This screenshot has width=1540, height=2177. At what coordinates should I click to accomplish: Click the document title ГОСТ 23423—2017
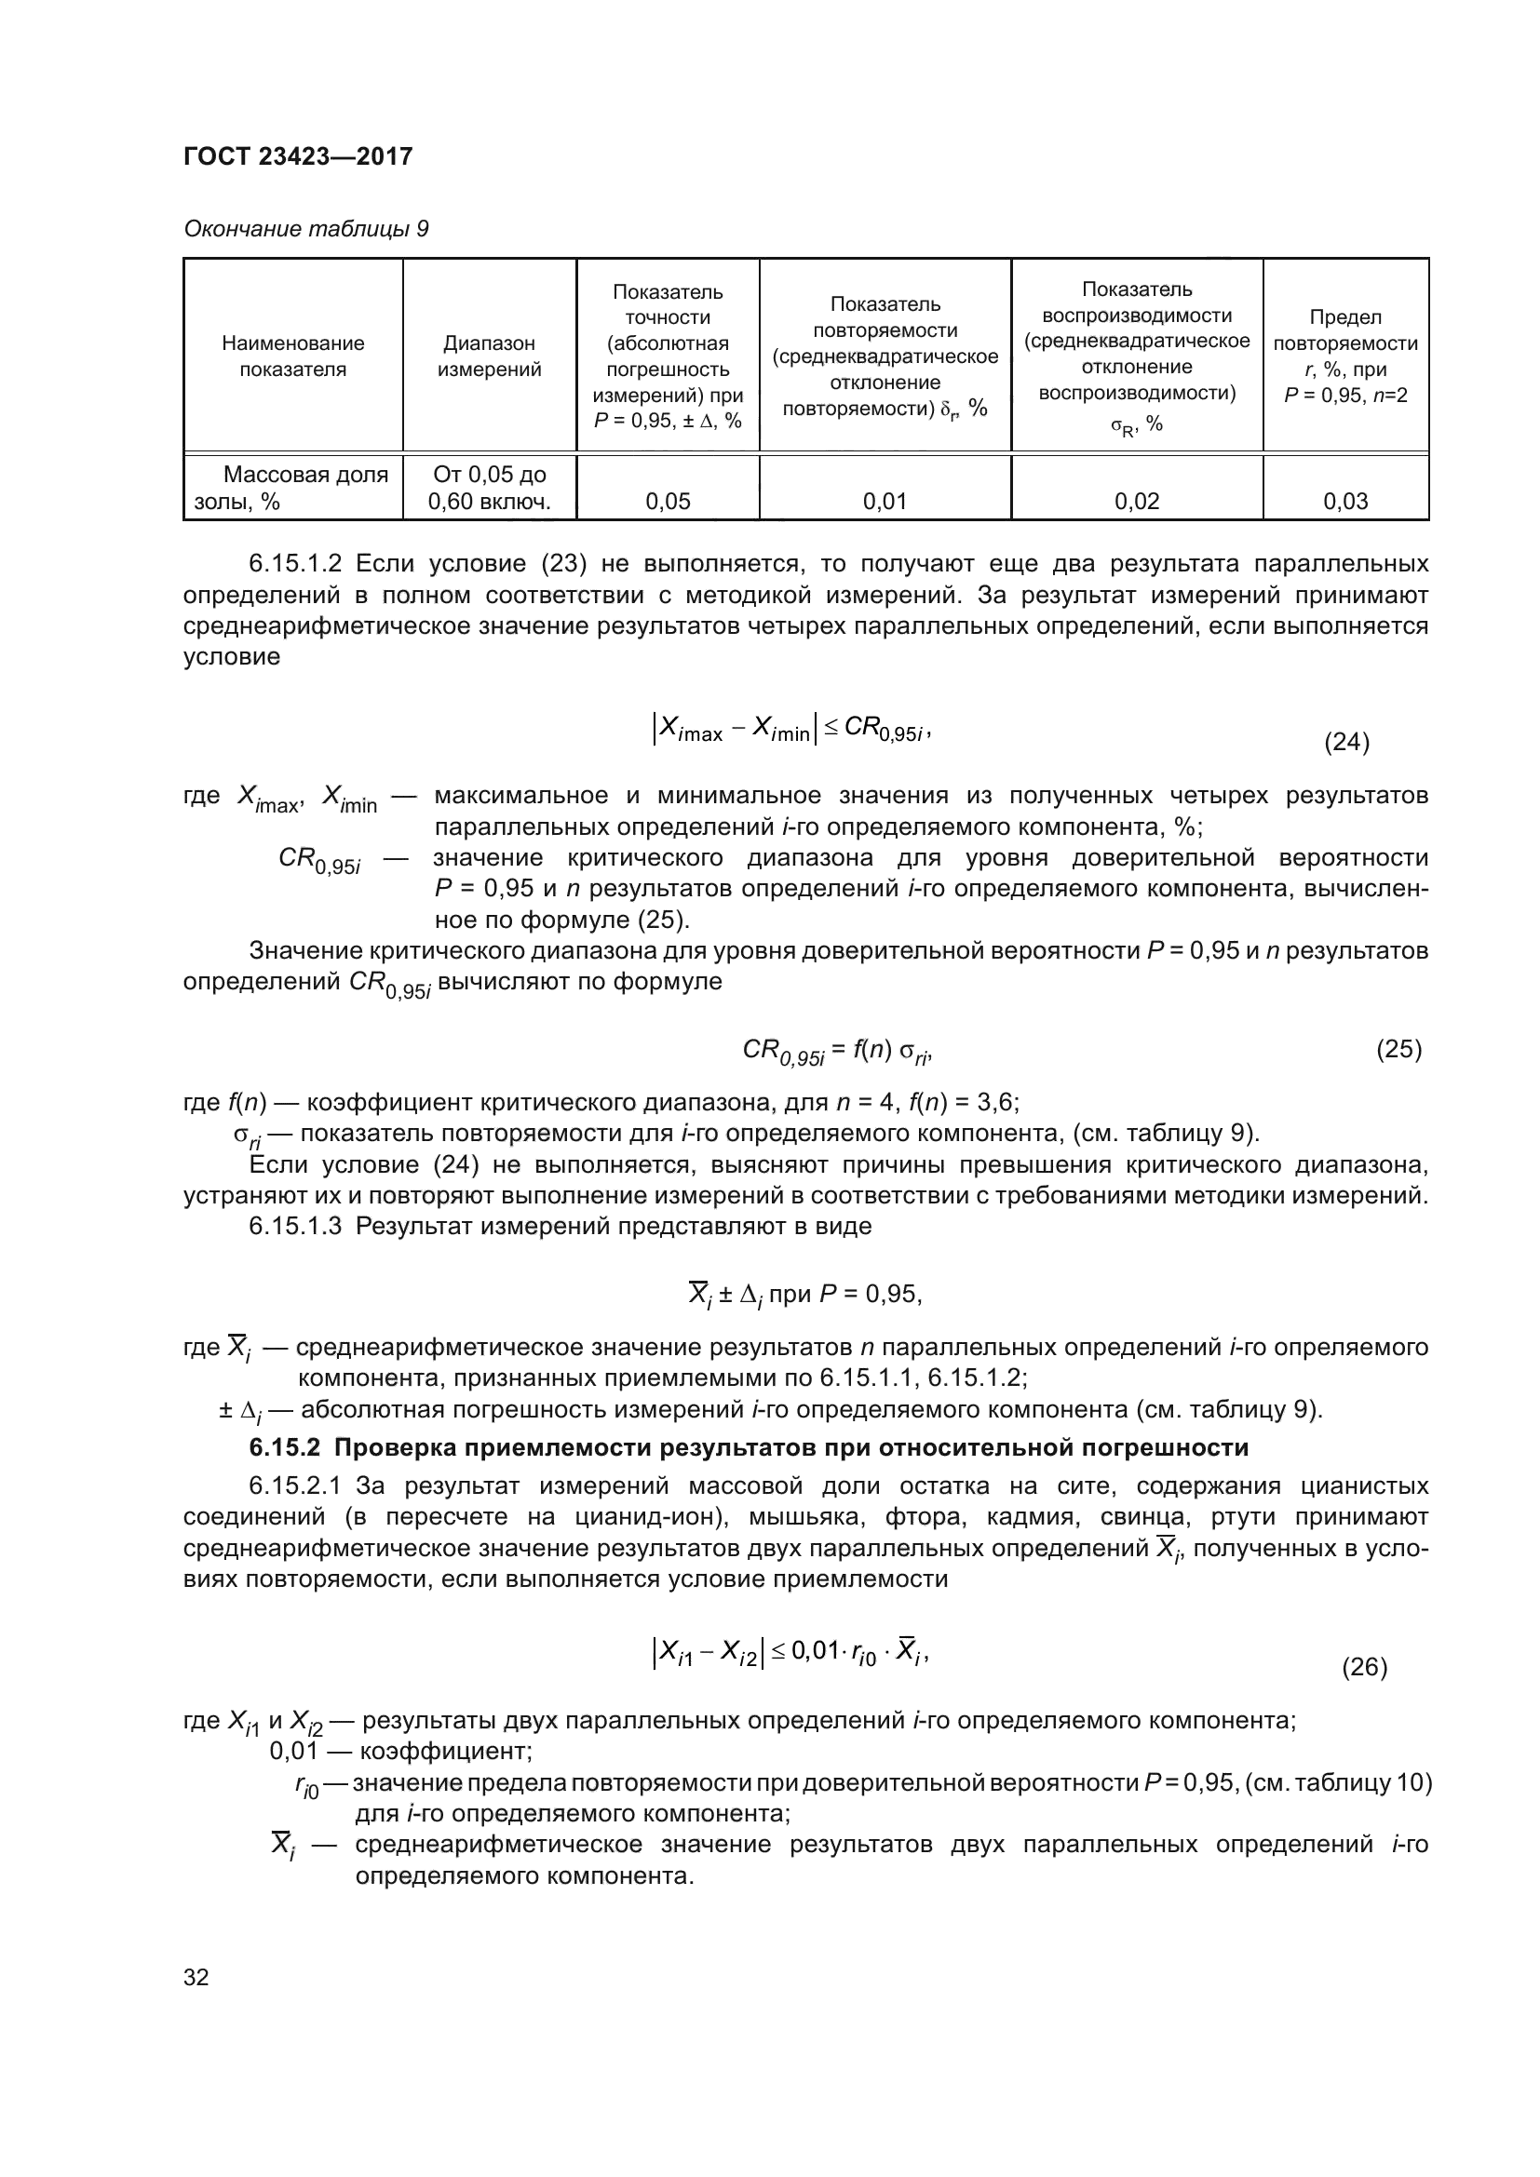[298, 156]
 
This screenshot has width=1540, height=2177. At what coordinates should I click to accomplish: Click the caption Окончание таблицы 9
[305, 230]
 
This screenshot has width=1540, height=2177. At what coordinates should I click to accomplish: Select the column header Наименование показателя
[293, 356]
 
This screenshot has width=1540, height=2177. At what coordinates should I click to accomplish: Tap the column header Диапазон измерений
[490, 356]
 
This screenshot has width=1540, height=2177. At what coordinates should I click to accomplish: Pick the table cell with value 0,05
[668, 502]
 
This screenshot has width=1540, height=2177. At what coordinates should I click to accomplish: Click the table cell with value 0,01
[885, 502]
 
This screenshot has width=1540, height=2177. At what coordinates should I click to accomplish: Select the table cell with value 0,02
[1136, 502]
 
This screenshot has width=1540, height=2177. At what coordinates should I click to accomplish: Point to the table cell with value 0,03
[1344, 502]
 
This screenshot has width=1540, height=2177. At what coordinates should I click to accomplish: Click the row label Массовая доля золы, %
[292, 489]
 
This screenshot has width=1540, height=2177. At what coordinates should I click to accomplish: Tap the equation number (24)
[1346, 742]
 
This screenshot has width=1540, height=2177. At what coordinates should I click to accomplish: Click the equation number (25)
[1398, 1050]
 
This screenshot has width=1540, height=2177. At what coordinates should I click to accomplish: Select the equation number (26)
[1365, 1693]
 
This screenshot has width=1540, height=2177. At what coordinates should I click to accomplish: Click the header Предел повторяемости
[1344, 330]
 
